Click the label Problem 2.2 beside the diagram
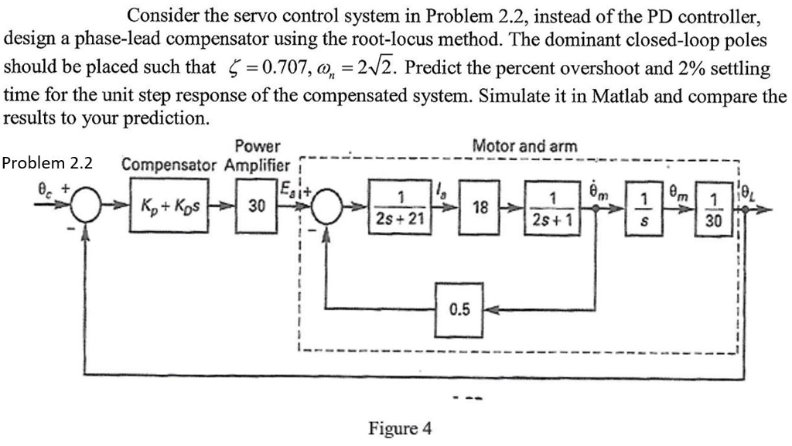(x=47, y=163)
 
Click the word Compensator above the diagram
(x=171, y=165)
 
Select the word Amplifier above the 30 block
(x=258, y=165)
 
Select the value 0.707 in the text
(x=272, y=69)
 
